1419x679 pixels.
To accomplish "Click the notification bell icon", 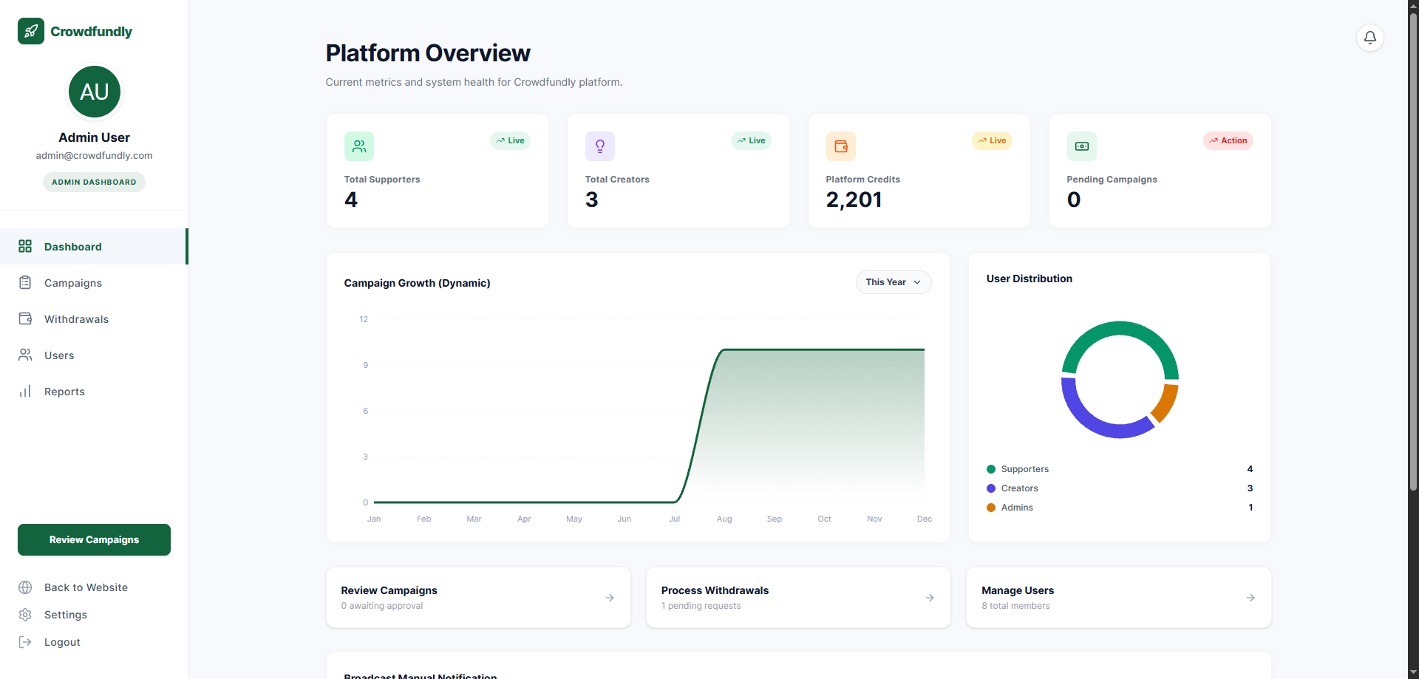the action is pos(1369,38).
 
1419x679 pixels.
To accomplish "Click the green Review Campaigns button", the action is pos(94,540).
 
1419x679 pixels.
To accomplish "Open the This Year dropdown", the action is pos(894,282).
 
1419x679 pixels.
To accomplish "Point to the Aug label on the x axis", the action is pos(724,519).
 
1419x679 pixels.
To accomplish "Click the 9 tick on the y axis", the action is pos(365,365).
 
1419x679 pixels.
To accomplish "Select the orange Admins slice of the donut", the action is pos(1165,402).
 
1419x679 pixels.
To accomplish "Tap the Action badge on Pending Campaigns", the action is pos(1228,140).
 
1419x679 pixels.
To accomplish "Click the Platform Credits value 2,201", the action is pos(854,199).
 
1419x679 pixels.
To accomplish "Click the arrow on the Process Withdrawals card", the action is pos(930,598).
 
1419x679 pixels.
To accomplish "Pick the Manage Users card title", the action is pos(1018,590).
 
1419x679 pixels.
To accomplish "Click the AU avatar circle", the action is pos(95,92).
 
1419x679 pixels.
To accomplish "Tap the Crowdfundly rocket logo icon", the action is pos(31,31).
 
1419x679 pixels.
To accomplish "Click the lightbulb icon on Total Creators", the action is pos(600,146).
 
